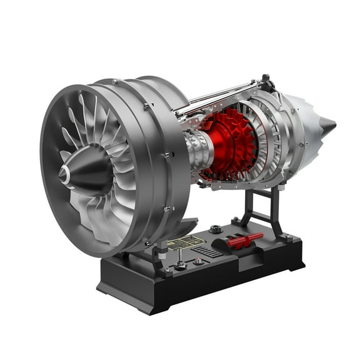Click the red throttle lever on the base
tap(246, 240)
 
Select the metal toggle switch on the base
tap(179, 263)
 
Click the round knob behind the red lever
tap(216, 229)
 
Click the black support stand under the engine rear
tap(259, 206)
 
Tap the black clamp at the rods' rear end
tap(265, 81)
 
